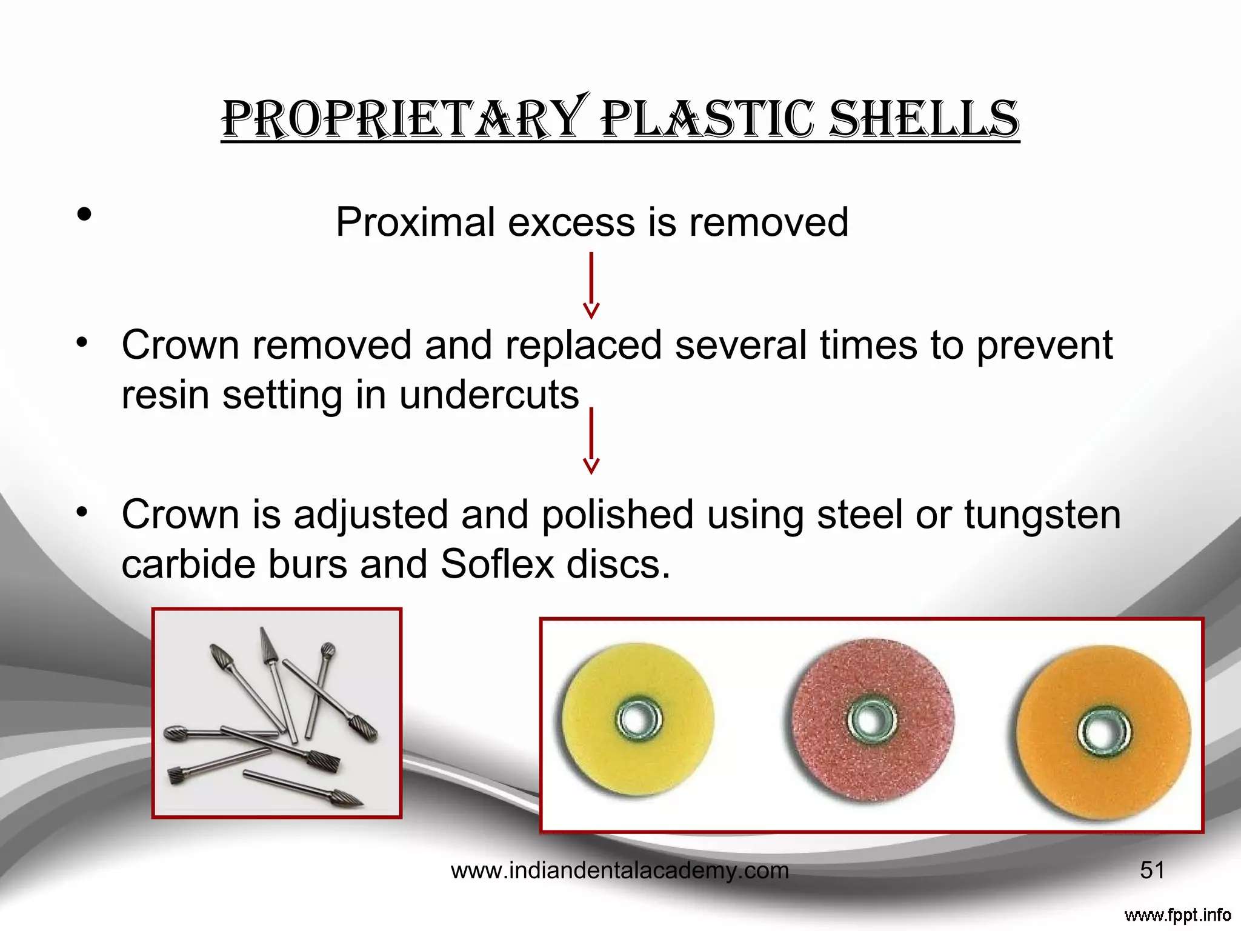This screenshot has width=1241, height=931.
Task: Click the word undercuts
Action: [x=489, y=395]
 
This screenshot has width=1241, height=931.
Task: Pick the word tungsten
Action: [x=1042, y=515]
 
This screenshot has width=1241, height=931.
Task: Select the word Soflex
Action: [x=496, y=564]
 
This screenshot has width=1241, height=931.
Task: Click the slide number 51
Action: [x=1152, y=870]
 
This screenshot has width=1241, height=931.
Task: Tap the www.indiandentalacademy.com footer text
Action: [x=619, y=871]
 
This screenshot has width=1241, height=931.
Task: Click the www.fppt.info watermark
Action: [x=1177, y=915]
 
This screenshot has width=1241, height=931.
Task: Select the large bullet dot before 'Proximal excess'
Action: [x=84, y=214]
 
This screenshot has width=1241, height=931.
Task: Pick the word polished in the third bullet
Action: [x=617, y=515]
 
